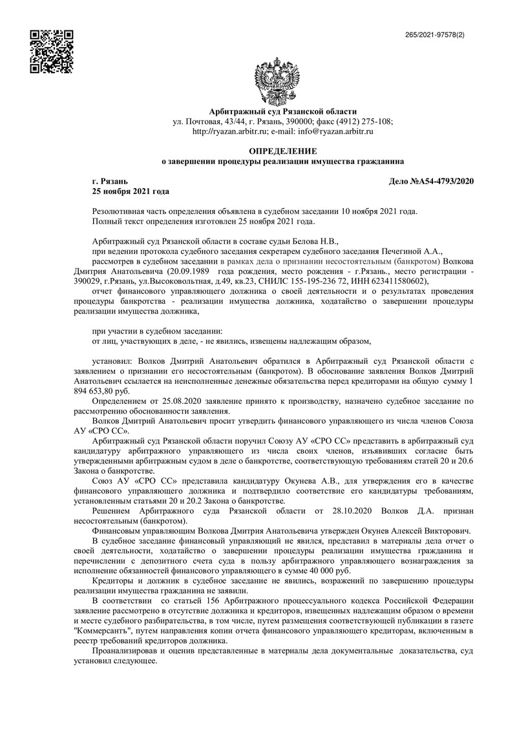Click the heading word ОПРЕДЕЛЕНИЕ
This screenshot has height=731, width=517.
point(282,151)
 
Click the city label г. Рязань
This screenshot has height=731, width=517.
point(111,182)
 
